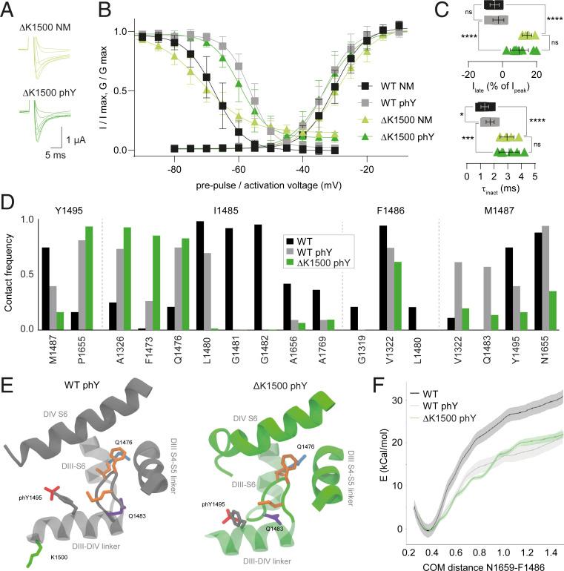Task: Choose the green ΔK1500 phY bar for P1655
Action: (x=89, y=278)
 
